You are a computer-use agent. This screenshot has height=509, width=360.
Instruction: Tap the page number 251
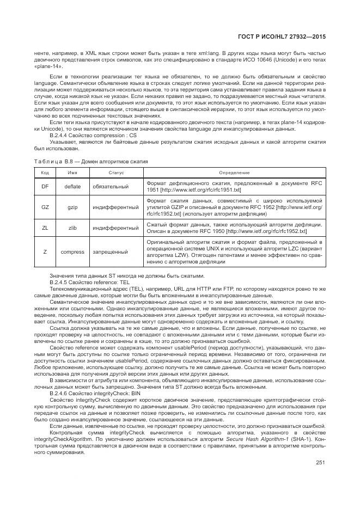320,463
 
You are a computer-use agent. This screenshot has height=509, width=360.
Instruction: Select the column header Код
45,172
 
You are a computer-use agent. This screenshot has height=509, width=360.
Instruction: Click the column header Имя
72,172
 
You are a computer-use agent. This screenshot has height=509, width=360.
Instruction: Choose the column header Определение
235,172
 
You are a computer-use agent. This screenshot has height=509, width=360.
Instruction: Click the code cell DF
45,187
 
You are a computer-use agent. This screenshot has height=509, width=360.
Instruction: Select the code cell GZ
45,207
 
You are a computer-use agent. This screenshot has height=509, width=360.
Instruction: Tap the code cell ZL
45,228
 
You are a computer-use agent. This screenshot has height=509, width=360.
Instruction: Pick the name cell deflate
72,187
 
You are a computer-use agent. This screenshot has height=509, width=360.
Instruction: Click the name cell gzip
72,207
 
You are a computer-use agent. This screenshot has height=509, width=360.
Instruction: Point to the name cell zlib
72,228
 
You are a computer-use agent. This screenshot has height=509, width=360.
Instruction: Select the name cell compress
72,252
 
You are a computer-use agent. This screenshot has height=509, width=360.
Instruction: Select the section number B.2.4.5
61,283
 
